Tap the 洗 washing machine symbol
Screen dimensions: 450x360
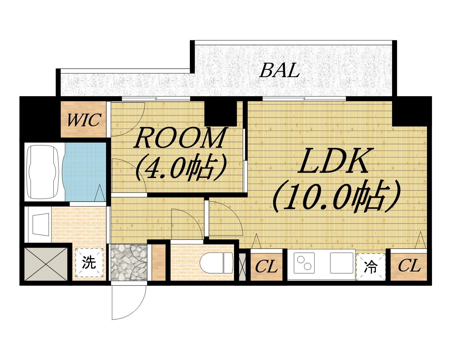89,262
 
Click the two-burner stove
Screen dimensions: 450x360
304,263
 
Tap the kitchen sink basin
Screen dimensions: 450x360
342,263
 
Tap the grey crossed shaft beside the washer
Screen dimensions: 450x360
46,264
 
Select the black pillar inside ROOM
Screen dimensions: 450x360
220,114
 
